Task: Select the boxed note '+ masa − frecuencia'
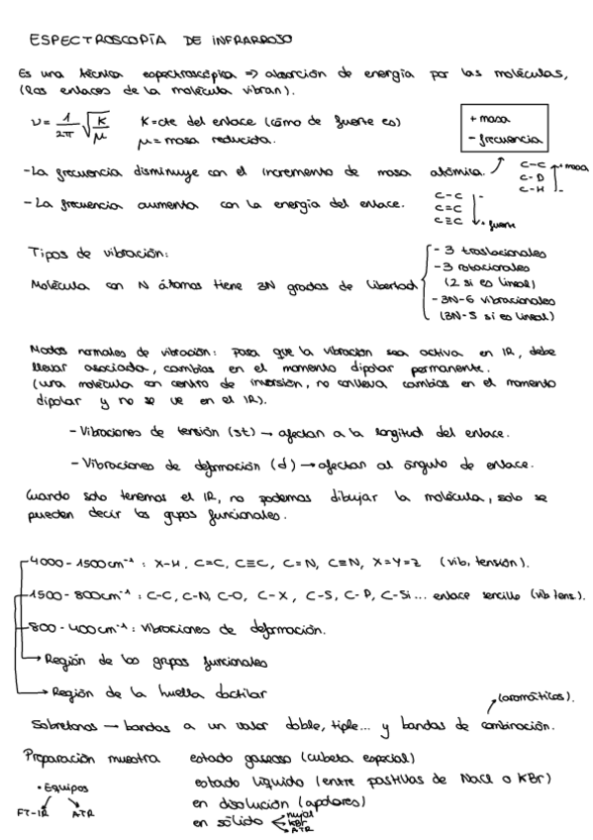click(x=506, y=129)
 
